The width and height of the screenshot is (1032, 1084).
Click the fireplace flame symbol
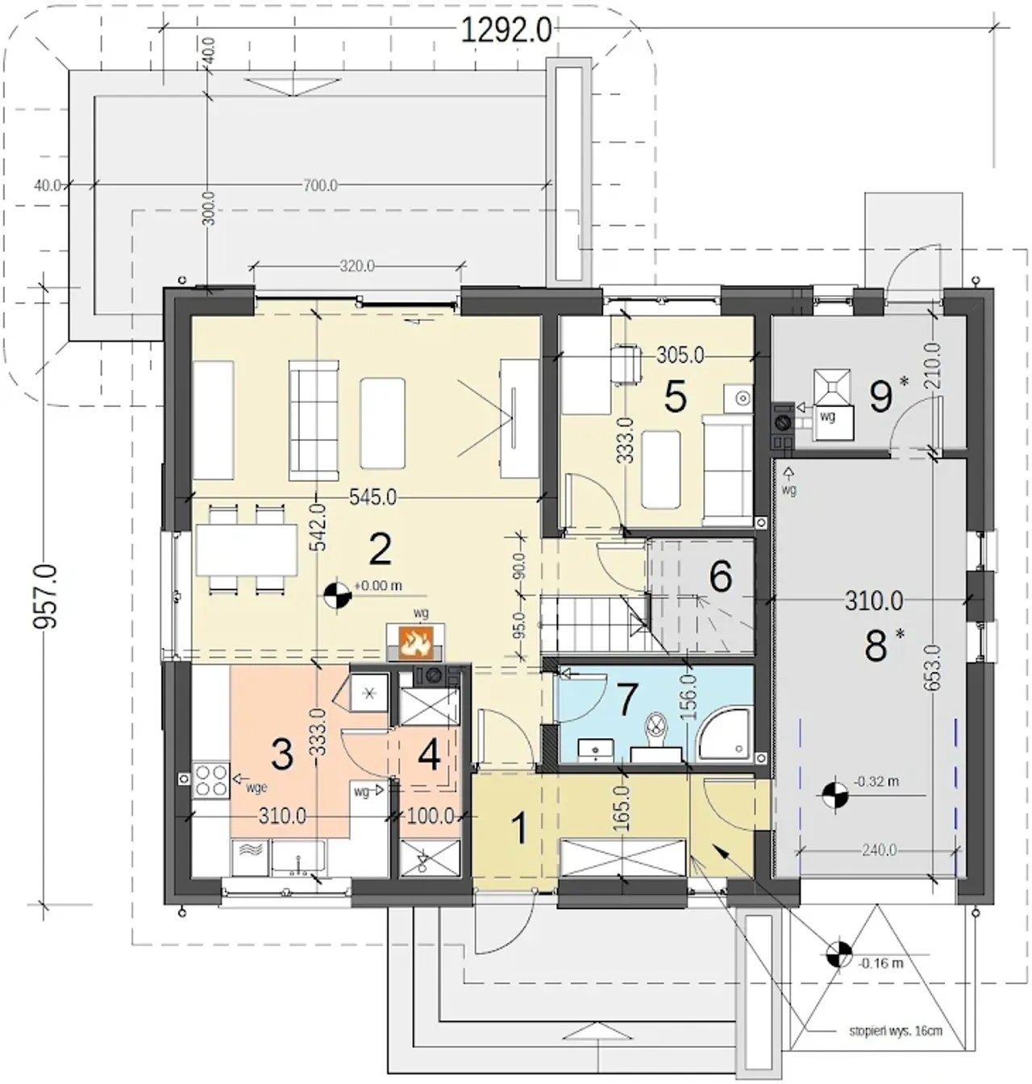point(414,642)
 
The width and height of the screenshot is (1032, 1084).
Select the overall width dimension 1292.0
point(506,30)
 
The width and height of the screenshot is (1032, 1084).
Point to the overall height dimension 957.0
point(45,596)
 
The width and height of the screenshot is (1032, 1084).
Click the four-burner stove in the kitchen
point(210,780)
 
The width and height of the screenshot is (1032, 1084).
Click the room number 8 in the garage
point(876,646)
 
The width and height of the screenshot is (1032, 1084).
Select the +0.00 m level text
point(378,586)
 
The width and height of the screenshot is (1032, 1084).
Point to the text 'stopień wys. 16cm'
point(896,1031)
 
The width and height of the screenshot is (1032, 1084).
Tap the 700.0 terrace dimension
point(320,185)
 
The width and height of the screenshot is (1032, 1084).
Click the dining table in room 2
point(247,549)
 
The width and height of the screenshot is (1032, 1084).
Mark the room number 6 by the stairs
point(720,577)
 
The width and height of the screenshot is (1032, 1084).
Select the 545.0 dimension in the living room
point(372,498)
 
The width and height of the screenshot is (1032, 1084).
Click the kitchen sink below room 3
point(298,858)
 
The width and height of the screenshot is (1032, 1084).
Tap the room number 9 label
point(881,397)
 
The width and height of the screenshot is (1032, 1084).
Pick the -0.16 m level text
point(881,963)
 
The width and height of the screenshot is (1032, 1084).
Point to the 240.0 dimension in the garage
point(879,850)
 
